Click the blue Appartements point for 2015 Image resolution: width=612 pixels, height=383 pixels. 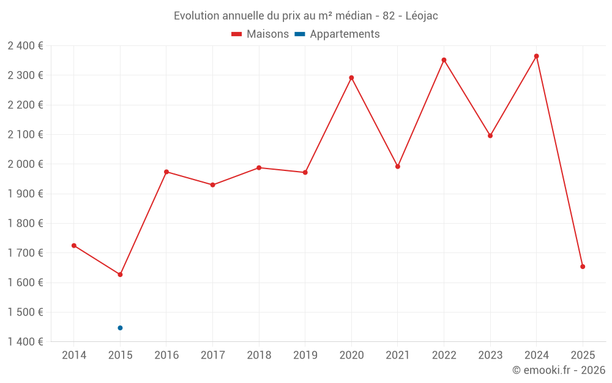click(x=120, y=328)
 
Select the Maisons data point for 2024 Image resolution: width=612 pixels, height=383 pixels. click(x=537, y=56)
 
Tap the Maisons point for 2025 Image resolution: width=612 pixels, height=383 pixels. click(x=583, y=267)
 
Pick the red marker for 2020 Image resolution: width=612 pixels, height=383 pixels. click(x=351, y=78)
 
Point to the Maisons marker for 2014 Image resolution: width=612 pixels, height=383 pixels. click(x=74, y=246)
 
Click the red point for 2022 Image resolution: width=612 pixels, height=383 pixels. click(x=444, y=60)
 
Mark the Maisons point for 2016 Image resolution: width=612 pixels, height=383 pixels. click(x=166, y=172)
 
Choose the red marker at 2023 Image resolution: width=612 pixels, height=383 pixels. click(x=490, y=136)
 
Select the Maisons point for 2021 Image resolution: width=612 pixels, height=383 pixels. click(x=398, y=167)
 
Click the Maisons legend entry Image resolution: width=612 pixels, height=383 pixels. click(x=260, y=34)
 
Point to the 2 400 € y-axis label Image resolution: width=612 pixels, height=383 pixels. click(x=25, y=45)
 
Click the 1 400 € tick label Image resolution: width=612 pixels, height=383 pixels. click(x=25, y=342)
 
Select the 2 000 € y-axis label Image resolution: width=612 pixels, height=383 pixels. click(x=25, y=164)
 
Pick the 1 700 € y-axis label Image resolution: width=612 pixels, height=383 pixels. click(x=25, y=253)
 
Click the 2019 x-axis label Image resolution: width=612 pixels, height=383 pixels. click(x=305, y=355)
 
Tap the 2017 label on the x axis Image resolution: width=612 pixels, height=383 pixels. click(x=212, y=355)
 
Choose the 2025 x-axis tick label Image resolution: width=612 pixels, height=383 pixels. click(x=583, y=355)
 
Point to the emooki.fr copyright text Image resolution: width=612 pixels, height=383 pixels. click(x=559, y=370)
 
